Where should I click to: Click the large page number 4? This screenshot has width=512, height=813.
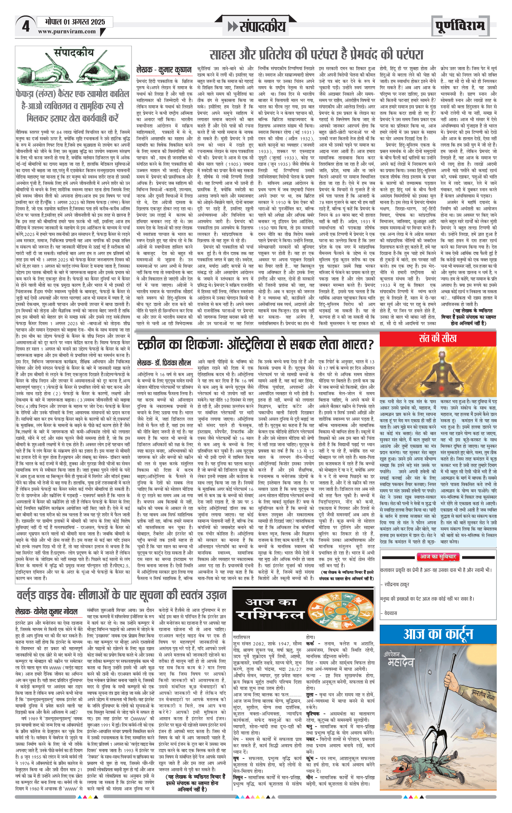pos(26,26)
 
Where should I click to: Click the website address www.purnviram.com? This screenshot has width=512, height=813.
pos(67,31)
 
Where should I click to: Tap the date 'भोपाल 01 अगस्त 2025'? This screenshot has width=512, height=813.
pos(75,22)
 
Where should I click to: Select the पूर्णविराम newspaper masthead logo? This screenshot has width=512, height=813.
pos(460,26)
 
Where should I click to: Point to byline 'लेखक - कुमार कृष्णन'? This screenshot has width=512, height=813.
pos(164,70)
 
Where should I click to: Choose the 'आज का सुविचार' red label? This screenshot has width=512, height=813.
pos(438,557)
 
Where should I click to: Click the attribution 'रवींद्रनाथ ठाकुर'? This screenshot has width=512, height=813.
pos(396,584)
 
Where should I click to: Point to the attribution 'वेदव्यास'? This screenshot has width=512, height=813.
pos(391,613)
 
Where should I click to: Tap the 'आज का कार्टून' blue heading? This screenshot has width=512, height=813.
pos(438,633)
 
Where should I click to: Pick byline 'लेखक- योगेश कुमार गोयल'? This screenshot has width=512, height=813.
pos(46,611)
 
